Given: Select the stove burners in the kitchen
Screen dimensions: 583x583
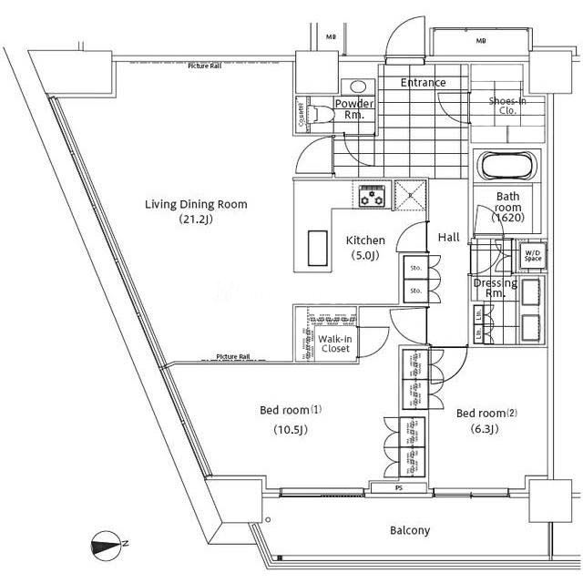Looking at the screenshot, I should [x=372, y=193].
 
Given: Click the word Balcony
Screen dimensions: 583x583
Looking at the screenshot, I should [x=410, y=530].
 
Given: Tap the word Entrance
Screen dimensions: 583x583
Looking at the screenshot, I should [x=424, y=83].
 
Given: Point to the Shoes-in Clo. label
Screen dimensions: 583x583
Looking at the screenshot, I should [x=507, y=106].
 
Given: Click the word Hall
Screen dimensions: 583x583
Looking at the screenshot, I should [x=448, y=237].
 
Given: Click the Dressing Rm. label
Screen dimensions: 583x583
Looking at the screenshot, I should [x=496, y=288].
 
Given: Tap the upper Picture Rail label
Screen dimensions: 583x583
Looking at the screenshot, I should [x=207, y=66].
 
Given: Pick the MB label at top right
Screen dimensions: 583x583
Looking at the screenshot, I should [x=479, y=41].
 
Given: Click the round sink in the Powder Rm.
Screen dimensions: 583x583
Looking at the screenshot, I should [x=350, y=87].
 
